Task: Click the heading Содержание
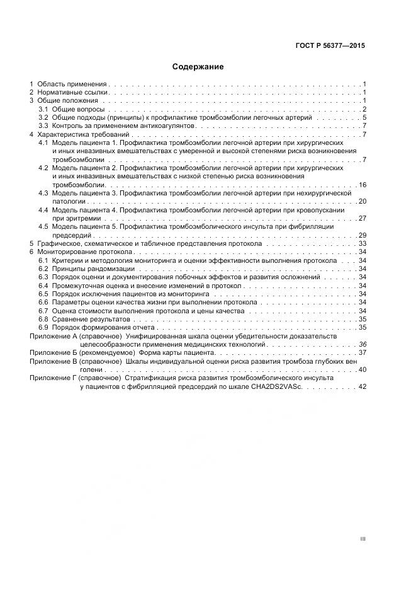coord(198,66)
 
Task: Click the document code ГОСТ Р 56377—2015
coord(330,46)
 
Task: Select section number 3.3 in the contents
coord(43,126)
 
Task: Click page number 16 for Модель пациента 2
coord(362,185)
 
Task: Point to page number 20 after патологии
coord(362,201)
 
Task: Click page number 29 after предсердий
coord(362,234)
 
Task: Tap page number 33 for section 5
coord(362,243)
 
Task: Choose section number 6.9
coord(43,328)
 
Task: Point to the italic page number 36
coord(362,344)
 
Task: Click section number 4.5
coord(43,226)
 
